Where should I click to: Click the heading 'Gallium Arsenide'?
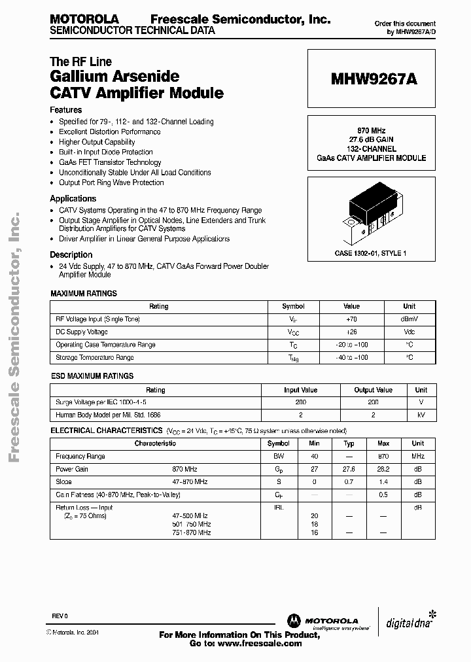tap(114, 77)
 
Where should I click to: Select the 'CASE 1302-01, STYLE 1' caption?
tap(371, 253)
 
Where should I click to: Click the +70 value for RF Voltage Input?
tap(351, 319)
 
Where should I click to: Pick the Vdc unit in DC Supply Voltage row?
tap(409, 332)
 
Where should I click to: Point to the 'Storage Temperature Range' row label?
tap(95, 358)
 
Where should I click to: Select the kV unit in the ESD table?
tap(421, 415)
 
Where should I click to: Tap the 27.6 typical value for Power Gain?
tap(349, 469)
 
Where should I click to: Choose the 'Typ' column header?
tap(349, 444)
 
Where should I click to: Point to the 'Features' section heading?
tap(66, 110)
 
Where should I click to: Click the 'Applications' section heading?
tap(73, 198)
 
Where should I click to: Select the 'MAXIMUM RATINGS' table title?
tap(84, 294)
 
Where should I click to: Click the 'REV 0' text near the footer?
tap(60, 617)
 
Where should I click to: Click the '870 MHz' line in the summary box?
tap(371, 130)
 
